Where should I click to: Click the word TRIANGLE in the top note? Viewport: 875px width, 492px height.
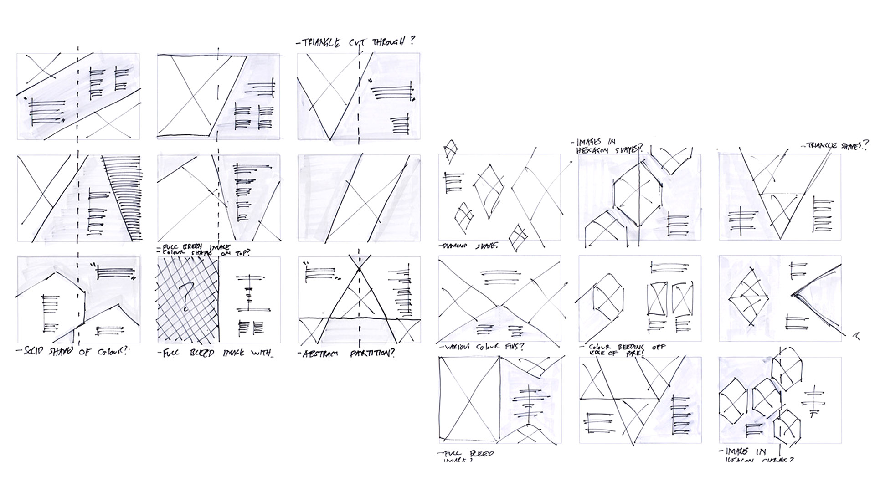320,43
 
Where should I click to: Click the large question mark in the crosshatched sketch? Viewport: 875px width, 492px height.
185,297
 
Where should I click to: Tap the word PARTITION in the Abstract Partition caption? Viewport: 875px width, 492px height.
372,354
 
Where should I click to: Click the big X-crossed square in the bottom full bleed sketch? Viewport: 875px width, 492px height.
468,399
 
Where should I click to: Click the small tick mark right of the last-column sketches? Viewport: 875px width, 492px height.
856,336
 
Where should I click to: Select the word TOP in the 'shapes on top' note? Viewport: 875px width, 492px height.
240,254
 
